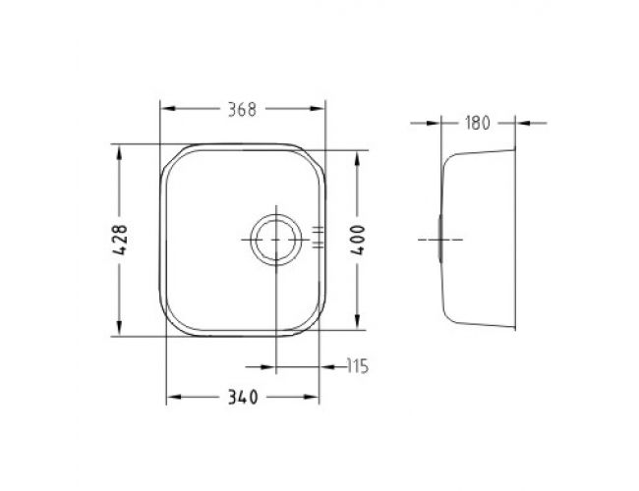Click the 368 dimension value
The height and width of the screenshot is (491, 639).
[242, 110]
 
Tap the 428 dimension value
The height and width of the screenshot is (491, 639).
[120, 240]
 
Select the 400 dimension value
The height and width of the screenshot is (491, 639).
[358, 241]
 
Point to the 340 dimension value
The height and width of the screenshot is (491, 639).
[243, 397]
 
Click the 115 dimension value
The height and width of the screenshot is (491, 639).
[358, 366]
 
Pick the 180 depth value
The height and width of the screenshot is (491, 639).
[477, 123]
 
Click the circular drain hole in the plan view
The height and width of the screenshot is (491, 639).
[276, 240]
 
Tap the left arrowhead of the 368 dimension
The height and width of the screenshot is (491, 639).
[168, 108]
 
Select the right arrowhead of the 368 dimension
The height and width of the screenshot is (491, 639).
[318, 108]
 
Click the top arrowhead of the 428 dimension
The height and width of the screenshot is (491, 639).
[119, 152]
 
